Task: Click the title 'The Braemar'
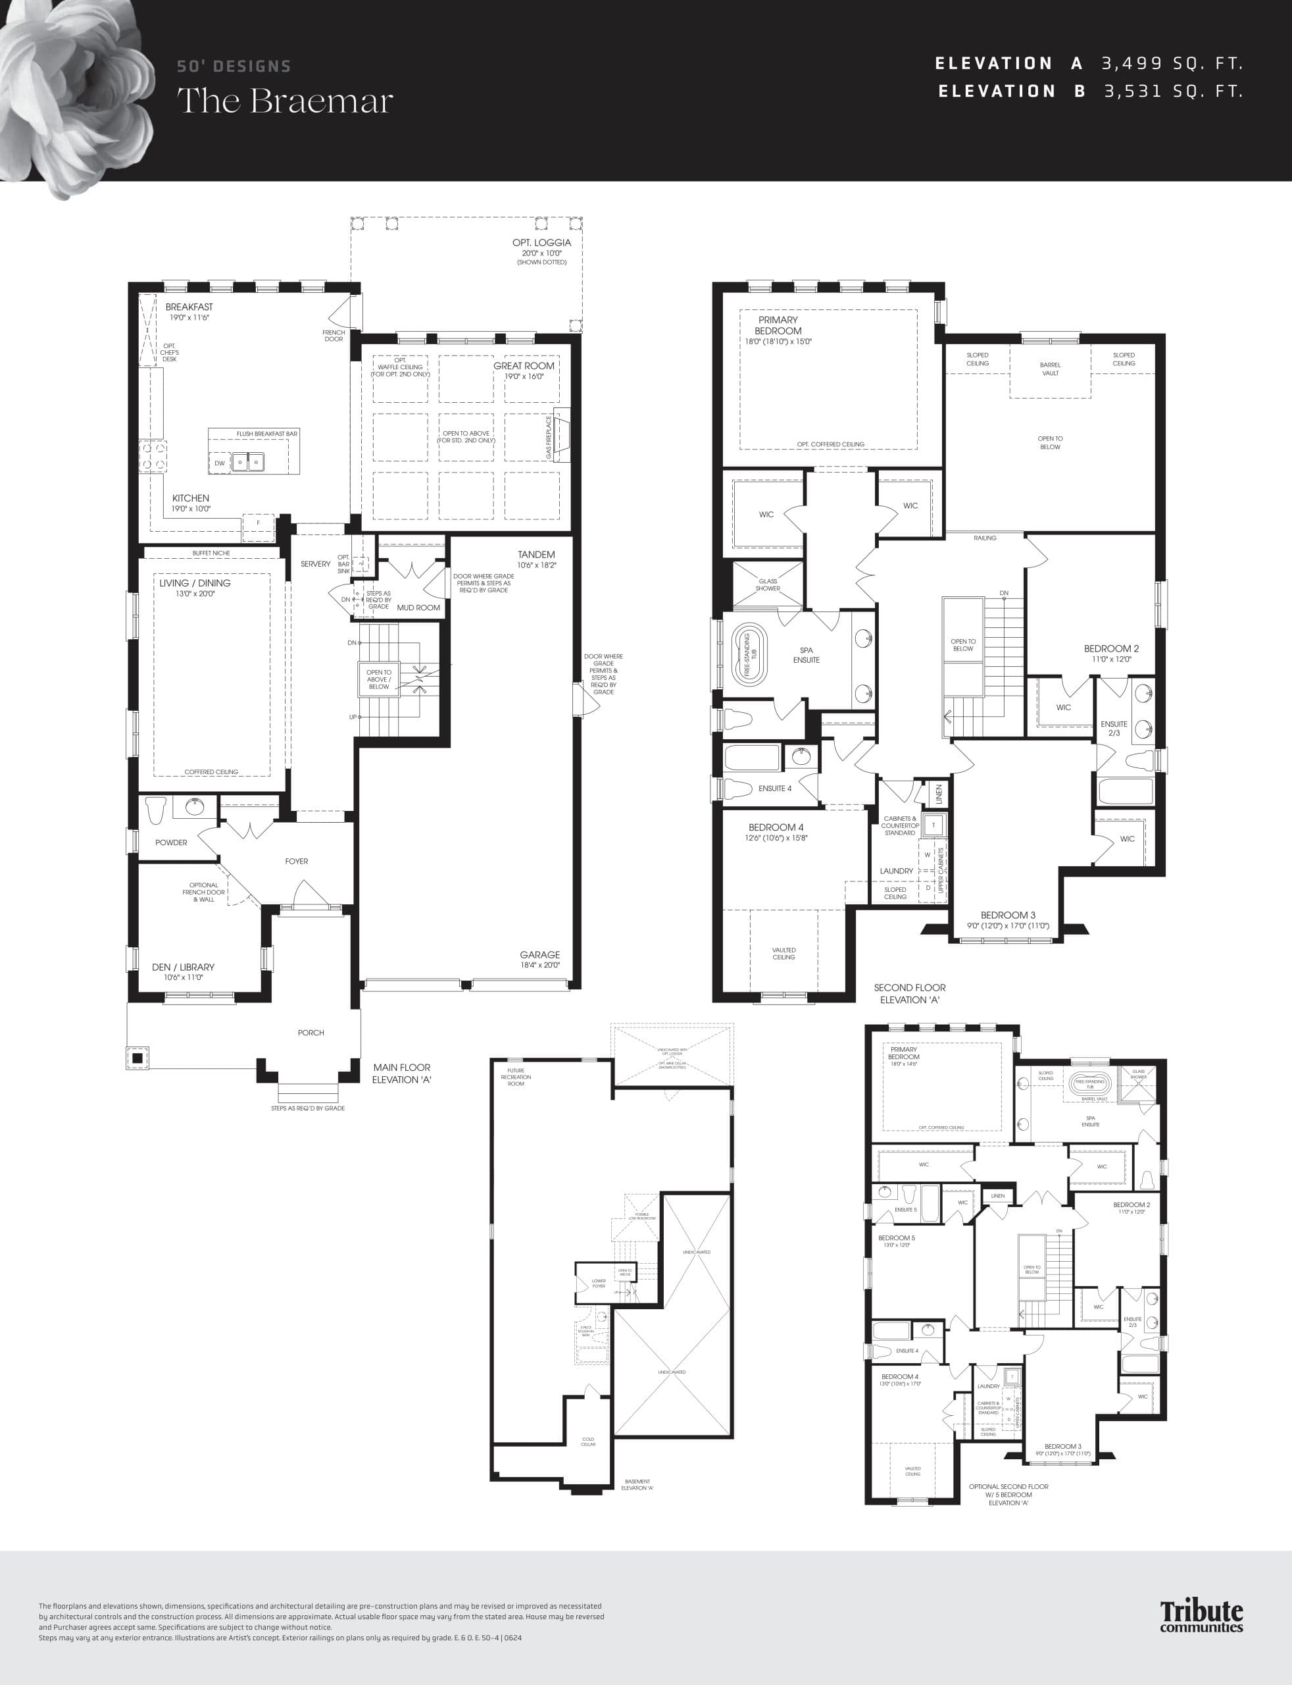[x=286, y=101]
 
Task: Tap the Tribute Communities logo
[x=1201, y=1616]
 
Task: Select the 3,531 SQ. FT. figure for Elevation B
[x=1174, y=91]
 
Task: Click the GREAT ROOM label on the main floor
[x=524, y=366]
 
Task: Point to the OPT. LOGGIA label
[x=541, y=243]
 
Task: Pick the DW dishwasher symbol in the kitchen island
[x=220, y=463]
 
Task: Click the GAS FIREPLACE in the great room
[x=560, y=436]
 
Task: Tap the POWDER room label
[x=171, y=842]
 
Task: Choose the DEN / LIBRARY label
[x=183, y=967]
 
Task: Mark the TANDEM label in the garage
[x=536, y=555]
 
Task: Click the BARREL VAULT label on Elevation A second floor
[x=1050, y=369]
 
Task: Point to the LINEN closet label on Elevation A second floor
[x=938, y=794]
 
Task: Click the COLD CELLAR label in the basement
[x=588, y=1441]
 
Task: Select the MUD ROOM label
[x=418, y=608]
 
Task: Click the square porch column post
[x=137, y=1058]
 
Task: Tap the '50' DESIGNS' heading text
[x=234, y=67]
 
